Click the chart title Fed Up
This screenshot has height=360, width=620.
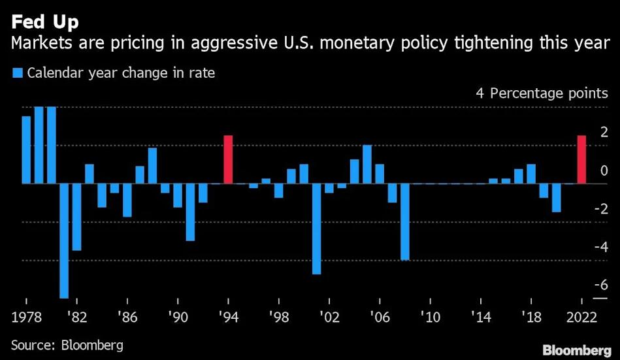pos(44,22)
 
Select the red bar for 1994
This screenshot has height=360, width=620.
pos(228,159)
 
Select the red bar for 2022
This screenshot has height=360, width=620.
pos(581,159)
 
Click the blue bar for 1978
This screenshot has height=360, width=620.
pos(26,150)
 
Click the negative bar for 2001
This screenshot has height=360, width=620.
pos(316,229)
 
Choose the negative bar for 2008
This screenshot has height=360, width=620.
pos(404,221)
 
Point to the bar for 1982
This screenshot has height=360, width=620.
pos(76,217)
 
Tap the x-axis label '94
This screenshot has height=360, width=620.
pos(228,317)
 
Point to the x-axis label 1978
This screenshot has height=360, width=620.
pos(27,317)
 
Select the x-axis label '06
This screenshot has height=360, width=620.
pos(380,317)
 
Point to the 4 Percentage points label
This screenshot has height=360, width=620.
pos(541,93)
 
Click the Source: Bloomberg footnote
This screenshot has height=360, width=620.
pos(67,344)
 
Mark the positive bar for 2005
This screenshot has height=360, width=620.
pos(367,164)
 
